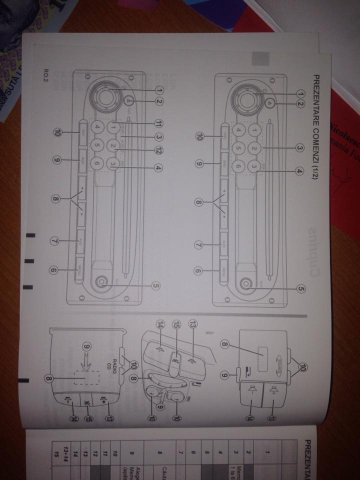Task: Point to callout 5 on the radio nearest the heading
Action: pyautogui.click(x=301, y=288)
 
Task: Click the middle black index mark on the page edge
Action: pyautogui.click(x=30, y=261)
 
